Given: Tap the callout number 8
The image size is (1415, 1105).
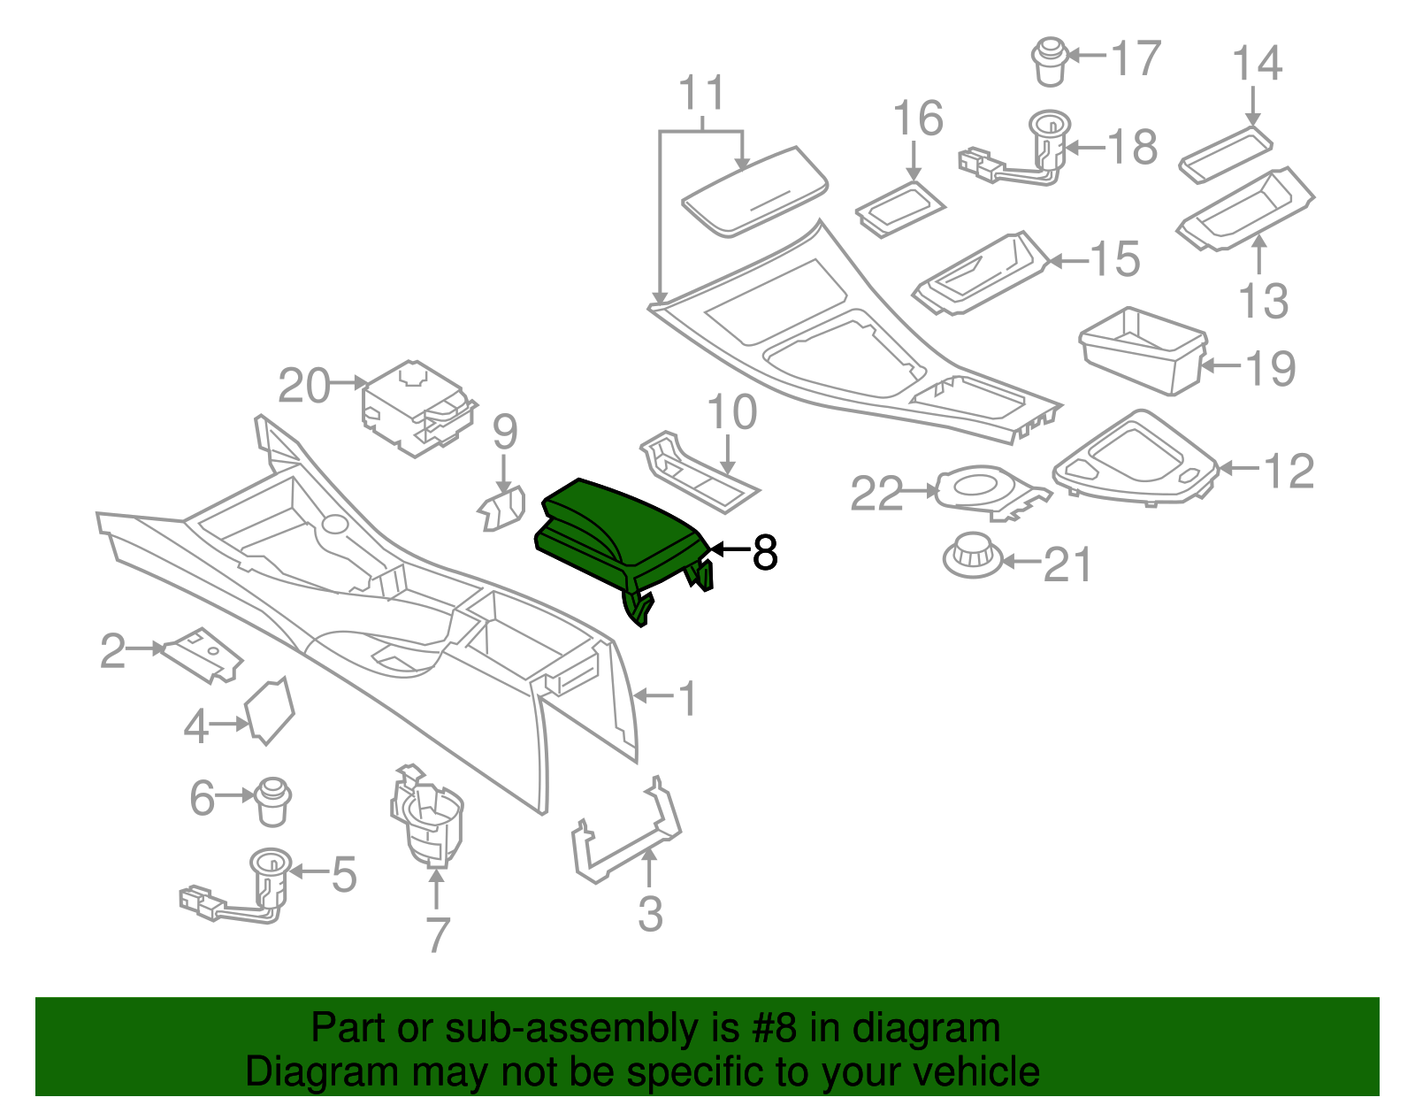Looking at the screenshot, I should pos(764,552).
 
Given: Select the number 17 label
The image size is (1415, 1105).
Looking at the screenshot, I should pos(1135,59).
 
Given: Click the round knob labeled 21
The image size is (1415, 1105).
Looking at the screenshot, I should pos(971,555).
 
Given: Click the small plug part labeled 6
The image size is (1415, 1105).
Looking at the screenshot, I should pos(272,800).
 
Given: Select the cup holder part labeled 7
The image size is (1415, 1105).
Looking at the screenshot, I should pos(427,818).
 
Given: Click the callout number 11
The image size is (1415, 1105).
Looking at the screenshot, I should pos(703,93).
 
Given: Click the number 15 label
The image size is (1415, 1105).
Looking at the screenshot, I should pos(1114,259).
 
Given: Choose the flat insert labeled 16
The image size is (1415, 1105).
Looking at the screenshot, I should pos(900,210).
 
